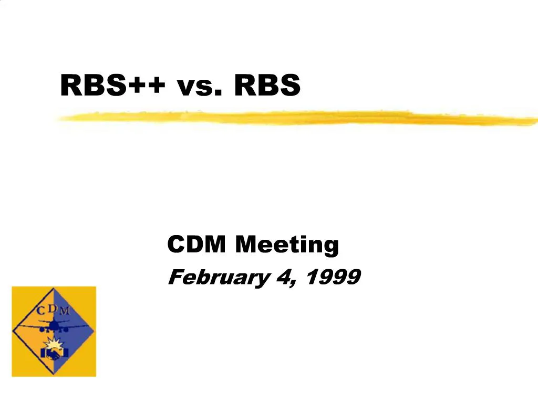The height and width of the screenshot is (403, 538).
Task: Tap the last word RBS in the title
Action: click(267, 85)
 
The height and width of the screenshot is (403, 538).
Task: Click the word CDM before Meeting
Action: click(198, 245)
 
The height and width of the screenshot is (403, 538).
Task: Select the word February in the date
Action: click(218, 277)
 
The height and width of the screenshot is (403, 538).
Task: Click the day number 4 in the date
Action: click(284, 277)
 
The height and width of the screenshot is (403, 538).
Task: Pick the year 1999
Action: click(333, 277)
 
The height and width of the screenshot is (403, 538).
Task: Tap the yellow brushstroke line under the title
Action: click(294, 118)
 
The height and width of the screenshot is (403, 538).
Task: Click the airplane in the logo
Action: click(54, 326)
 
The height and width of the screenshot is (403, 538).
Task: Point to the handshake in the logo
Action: click(54, 354)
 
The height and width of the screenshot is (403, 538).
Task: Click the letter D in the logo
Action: click(53, 307)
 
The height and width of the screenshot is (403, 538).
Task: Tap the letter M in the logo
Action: click(64, 311)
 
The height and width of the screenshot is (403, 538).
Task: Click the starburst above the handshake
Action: click(54, 344)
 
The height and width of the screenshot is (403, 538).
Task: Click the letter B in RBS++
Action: click(97, 85)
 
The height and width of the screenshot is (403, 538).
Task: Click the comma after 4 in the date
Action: click(292, 283)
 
